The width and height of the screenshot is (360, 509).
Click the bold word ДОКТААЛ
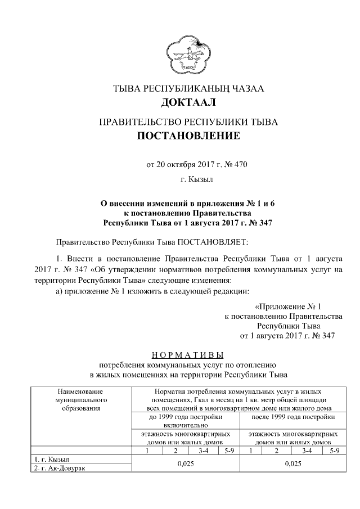[188, 103]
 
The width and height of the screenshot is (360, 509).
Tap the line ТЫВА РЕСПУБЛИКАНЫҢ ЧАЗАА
[188, 89]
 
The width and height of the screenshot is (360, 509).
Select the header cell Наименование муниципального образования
[80, 399]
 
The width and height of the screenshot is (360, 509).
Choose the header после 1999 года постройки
[292, 417]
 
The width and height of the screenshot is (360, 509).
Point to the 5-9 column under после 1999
[334, 451]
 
